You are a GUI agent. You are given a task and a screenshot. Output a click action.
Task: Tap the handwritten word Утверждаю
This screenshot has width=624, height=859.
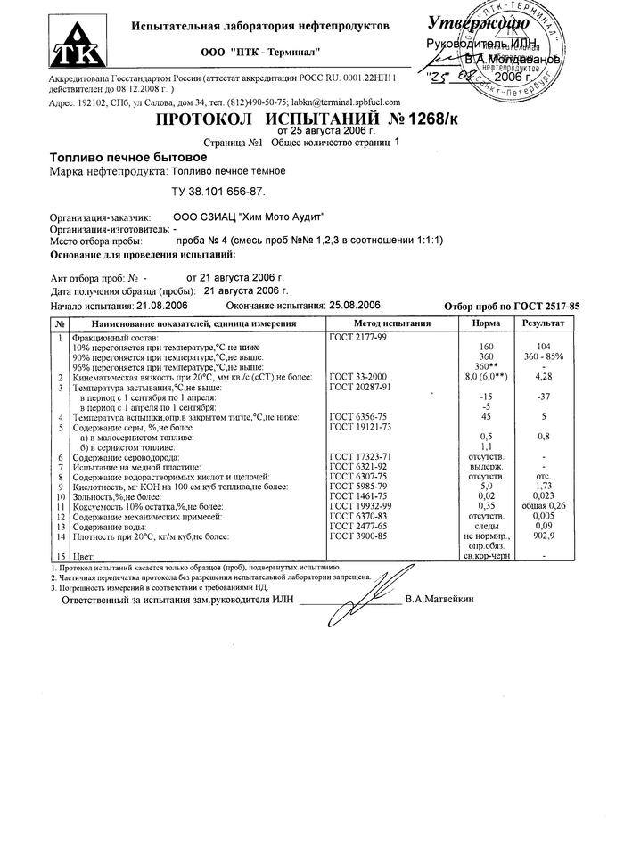[479, 23]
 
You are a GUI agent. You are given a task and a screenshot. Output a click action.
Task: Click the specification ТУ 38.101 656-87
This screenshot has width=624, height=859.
[218, 191]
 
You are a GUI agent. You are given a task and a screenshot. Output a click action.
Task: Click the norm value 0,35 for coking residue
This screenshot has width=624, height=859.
[487, 506]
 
